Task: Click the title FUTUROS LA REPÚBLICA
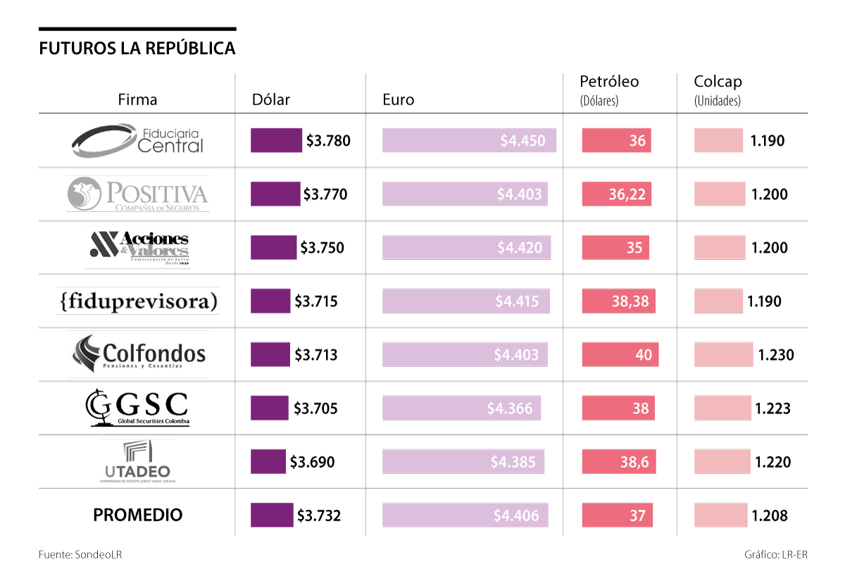[x=137, y=49]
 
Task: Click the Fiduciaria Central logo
[x=137, y=141]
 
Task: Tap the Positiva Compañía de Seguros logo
[x=137, y=194]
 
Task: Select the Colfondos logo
[x=139, y=354]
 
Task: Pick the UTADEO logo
[x=137, y=461]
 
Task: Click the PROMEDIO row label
[x=137, y=515]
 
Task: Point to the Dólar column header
[x=271, y=99]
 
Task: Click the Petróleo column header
[x=609, y=82]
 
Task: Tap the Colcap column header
[x=718, y=82]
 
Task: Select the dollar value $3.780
[x=328, y=141]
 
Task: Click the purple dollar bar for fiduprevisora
[x=270, y=301]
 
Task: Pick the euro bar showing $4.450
[x=469, y=141]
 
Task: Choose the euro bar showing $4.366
[x=461, y=408]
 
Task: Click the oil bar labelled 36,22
[x=616, y=194]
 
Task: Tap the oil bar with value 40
[x=620, y=354]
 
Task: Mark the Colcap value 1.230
[x=775, y=354]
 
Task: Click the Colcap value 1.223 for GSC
[x=772, y=408]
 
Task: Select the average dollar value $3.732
[x=319, y=515]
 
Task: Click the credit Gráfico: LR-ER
[x=775, y=554]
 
